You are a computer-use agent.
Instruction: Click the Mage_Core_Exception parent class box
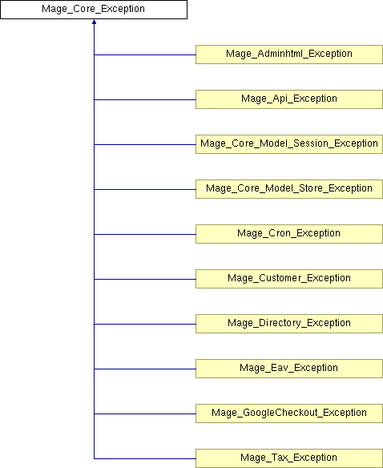coord(94,10)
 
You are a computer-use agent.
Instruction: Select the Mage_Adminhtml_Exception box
coord(289,54)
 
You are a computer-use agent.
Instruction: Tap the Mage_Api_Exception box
coord(289,99)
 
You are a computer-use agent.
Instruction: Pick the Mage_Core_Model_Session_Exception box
coord(289,144)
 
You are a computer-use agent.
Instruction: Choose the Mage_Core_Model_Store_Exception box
coord(289,189)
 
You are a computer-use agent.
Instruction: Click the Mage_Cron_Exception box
coord(289,234)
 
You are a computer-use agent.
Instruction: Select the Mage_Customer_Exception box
coord(289,279)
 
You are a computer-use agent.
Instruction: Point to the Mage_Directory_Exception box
coord(289,324)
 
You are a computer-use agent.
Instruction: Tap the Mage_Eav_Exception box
coord(289,369)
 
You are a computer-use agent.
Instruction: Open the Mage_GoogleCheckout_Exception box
coord(289,414)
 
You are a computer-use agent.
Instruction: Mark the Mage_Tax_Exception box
coord(289,458)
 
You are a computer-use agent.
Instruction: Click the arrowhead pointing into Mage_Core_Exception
coord(94,22)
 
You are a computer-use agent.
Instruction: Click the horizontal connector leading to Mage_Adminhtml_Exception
coord(145,54)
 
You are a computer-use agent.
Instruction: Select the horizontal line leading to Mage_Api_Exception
coord(145,99)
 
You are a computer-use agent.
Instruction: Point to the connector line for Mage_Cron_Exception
coord(145,234)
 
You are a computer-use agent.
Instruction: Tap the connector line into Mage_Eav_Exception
coord(145,369)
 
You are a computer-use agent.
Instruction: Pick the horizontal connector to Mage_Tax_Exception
coord(145,458)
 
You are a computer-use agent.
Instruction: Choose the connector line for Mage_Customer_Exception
coord(145,279)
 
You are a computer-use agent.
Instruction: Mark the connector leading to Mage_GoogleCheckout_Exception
coord(145,414)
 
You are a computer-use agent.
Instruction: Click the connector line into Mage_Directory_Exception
coord(145,324)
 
